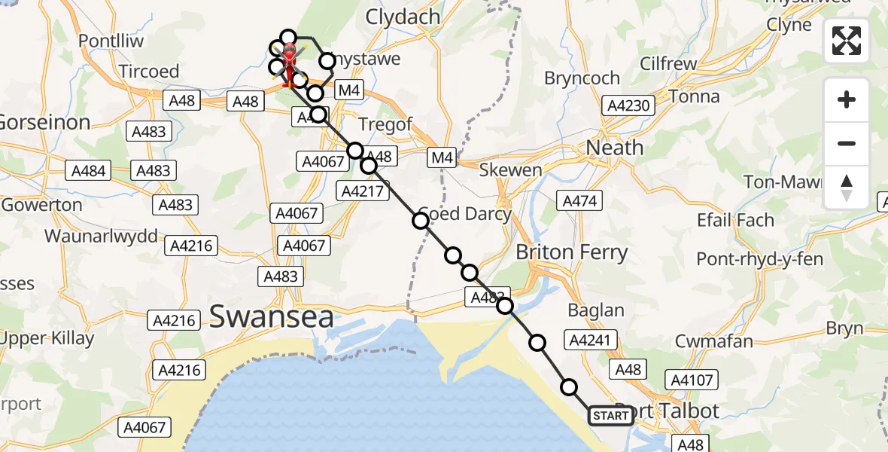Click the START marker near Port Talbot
[610, 416]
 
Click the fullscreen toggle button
[847, 41]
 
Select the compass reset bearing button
[847, 187]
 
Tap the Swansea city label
[271, 317]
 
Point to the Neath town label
[615, 148]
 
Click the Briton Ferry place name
[571, 252]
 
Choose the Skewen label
[510, 170]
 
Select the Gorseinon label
[45, 122]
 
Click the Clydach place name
[402, 17]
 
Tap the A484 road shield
[89, 171]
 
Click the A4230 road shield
[627, 105]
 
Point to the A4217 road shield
[364, 191]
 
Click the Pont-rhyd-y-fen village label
[759, 260]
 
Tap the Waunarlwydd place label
[101, 236]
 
